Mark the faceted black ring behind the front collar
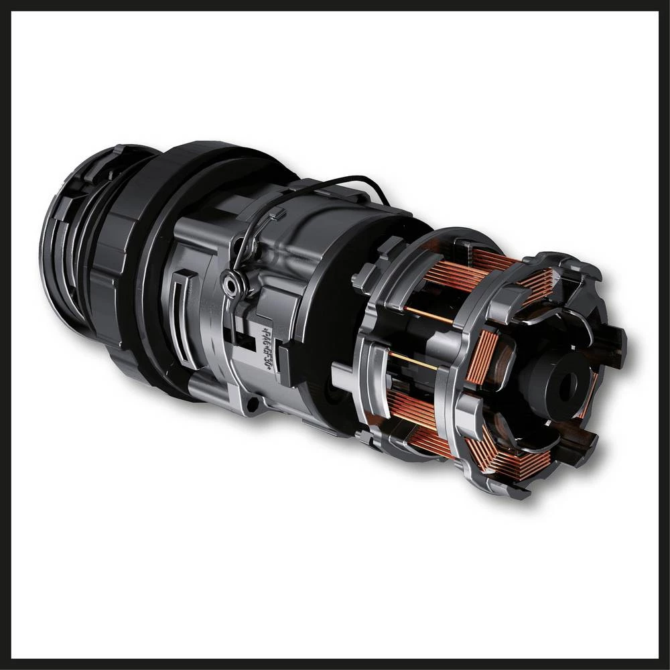click(107, 281)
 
